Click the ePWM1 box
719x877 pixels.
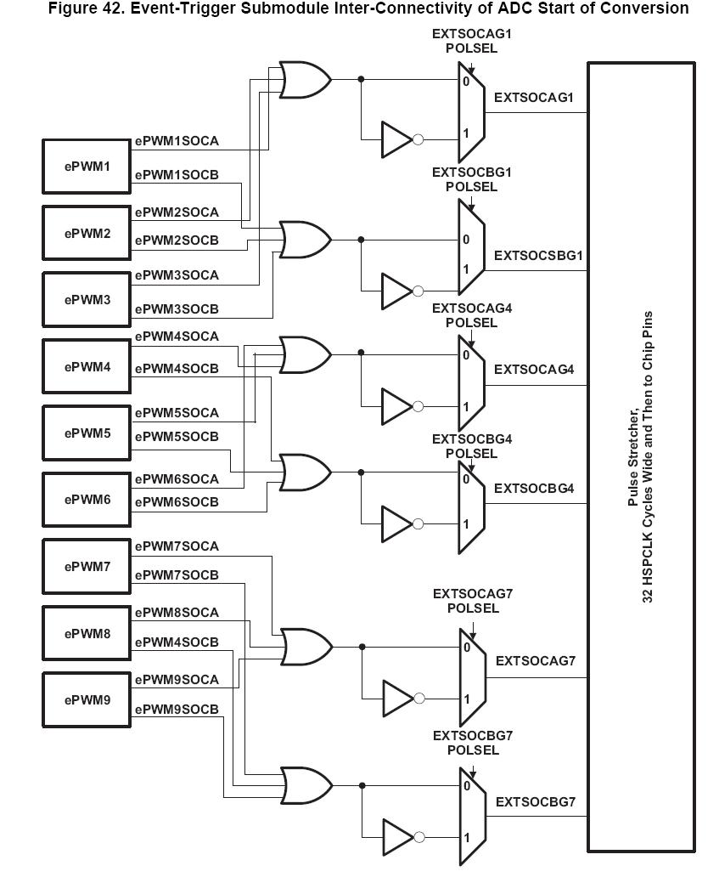coord(87,167)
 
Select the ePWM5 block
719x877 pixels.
coord(87,433)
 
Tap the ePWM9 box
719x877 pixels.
coord(87,700)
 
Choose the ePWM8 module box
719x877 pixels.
coord(87,633)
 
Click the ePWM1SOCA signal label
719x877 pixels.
coord(177,142)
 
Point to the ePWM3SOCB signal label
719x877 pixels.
coord(177,308)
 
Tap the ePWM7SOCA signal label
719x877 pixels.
coord(177,546)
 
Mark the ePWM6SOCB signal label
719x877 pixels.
coord(177,502)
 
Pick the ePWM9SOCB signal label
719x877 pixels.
coord(177,709)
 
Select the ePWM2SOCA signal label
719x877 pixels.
coord(177,212)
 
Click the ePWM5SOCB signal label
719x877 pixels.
coord(177,437)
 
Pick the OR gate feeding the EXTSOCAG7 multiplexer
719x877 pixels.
coord(306,647)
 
